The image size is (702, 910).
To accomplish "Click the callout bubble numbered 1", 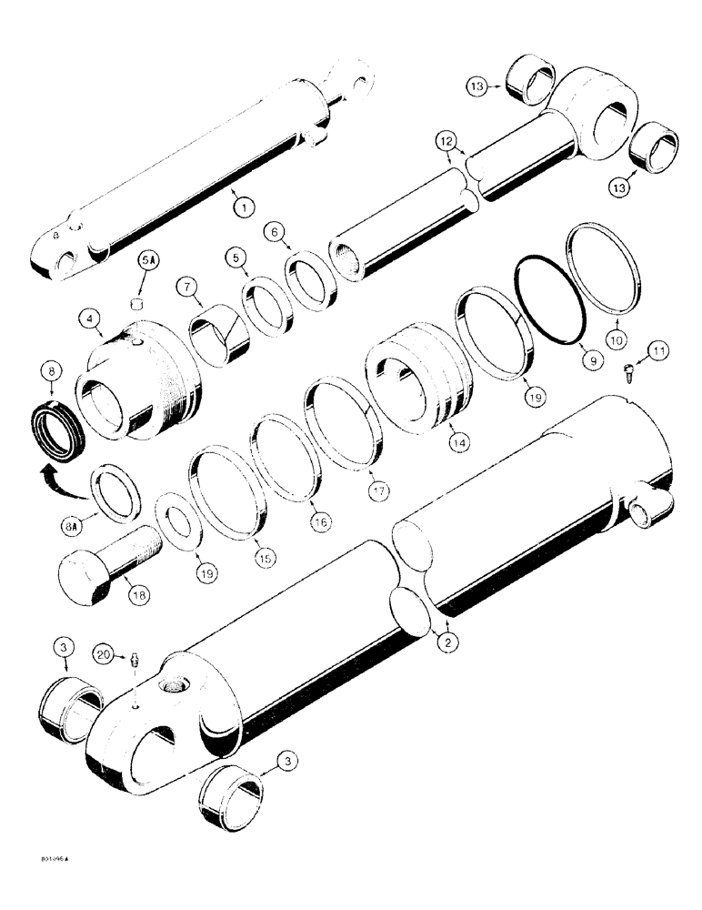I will (x=240, y=207).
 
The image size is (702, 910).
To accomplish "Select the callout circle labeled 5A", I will (x=147, y=265).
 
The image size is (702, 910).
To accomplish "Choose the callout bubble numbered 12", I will (x=446, y=142).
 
